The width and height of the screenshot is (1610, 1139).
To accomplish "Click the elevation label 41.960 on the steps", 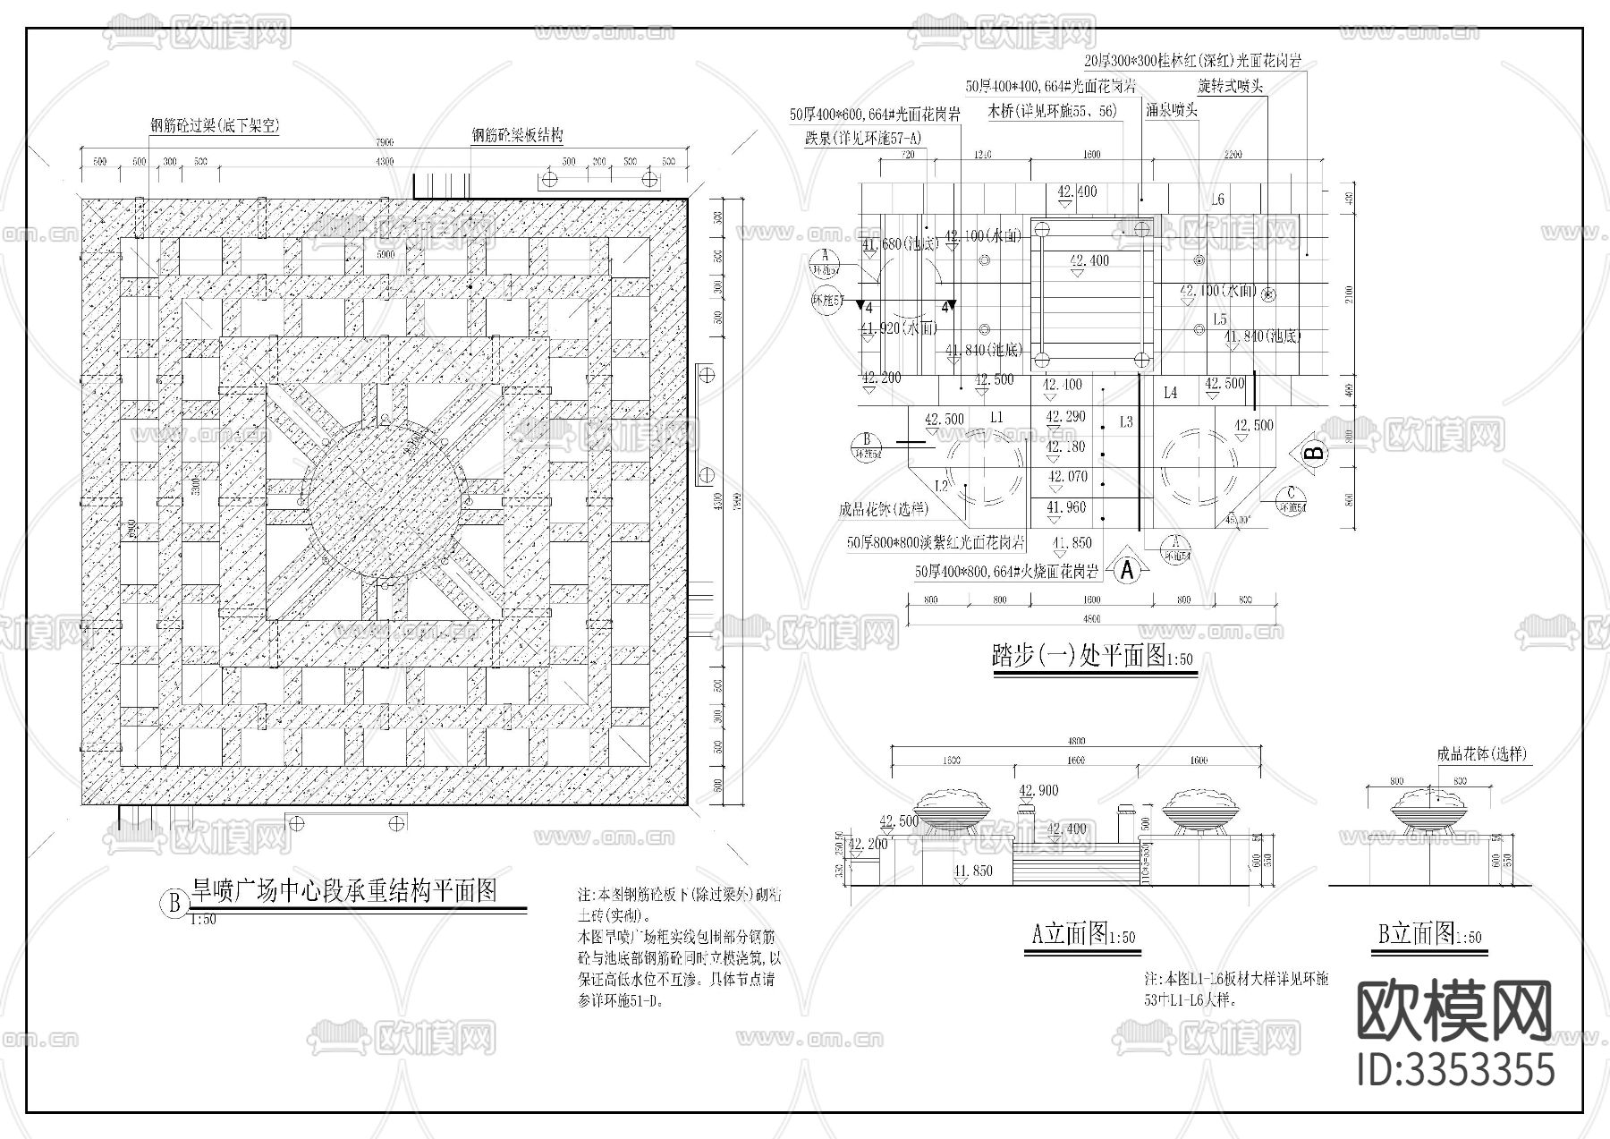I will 1065,507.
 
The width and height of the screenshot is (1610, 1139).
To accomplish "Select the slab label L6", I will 1217,200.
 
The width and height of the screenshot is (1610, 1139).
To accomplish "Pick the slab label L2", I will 941,486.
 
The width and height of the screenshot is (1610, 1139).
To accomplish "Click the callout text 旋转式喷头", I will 1230,87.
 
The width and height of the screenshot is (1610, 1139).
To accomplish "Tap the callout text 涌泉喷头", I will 1172,110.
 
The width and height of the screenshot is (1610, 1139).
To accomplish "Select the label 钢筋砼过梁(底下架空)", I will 215,126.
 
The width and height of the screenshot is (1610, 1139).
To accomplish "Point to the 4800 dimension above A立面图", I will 1076,741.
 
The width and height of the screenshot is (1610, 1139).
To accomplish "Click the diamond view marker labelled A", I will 1128,569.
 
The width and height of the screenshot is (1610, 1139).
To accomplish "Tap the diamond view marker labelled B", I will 1313,453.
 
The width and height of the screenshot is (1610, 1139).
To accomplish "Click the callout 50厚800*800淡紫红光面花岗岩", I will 936,543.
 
